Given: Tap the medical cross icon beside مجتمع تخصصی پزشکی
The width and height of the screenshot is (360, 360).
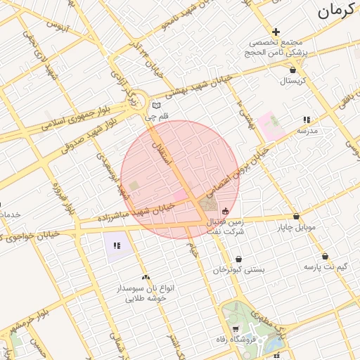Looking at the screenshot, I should [276, 32].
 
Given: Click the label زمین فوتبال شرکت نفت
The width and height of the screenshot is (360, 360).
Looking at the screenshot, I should [225, 226].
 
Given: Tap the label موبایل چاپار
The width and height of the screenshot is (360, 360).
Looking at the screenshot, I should [296, 228].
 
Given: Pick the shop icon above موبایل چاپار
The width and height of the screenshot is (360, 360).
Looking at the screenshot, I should [296, 217].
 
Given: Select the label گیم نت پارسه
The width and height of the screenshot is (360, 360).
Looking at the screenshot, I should [326, 267].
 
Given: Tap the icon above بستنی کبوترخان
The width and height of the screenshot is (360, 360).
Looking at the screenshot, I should [238, 259].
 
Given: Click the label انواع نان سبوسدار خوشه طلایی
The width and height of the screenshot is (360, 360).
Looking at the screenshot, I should [145, 292].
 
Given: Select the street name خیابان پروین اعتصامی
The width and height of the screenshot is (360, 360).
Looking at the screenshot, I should [239, 168].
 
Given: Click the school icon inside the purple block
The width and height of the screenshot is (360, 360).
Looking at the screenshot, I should [117, 245].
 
